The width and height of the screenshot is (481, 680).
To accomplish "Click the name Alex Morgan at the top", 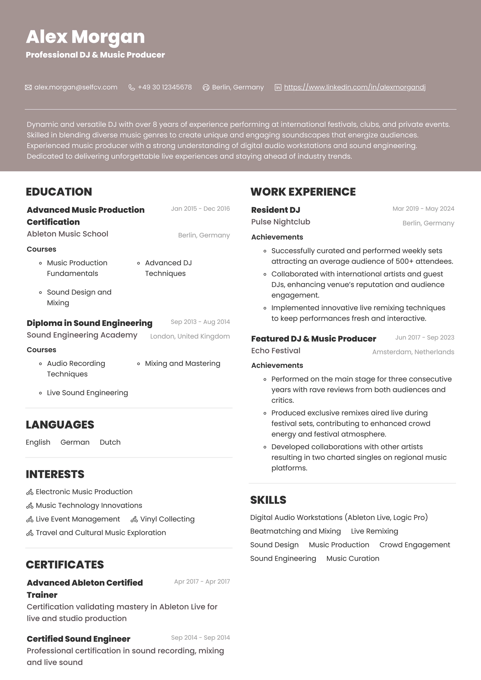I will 85,37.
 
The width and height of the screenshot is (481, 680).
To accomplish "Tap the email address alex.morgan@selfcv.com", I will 76,87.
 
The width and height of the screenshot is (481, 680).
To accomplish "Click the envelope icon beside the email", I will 29,87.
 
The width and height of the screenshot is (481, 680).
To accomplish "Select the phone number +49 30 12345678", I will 165,87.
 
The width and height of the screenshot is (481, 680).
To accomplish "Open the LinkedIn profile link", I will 355,87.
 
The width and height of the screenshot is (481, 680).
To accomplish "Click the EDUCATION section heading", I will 59,192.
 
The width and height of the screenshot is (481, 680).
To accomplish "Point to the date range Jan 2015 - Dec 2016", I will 200,209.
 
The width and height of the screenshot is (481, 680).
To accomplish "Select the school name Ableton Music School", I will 67,234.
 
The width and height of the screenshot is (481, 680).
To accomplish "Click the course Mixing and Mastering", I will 182,363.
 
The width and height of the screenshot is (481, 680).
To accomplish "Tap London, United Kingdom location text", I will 190,336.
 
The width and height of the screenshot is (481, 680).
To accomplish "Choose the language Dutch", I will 110,442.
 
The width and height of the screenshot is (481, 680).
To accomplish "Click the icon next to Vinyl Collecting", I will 134,520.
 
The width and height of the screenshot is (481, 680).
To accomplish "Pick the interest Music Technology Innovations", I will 89,505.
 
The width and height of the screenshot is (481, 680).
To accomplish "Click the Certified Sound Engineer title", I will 78,639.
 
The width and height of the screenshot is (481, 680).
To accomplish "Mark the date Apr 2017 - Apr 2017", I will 202,582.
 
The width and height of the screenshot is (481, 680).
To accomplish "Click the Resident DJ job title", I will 275,210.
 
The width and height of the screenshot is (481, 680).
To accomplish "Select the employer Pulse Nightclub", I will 280,222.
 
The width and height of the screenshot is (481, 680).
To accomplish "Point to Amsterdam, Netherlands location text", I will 413,352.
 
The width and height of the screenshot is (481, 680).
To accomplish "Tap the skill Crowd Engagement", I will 414,545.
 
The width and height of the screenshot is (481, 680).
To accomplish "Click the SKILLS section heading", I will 268,500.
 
